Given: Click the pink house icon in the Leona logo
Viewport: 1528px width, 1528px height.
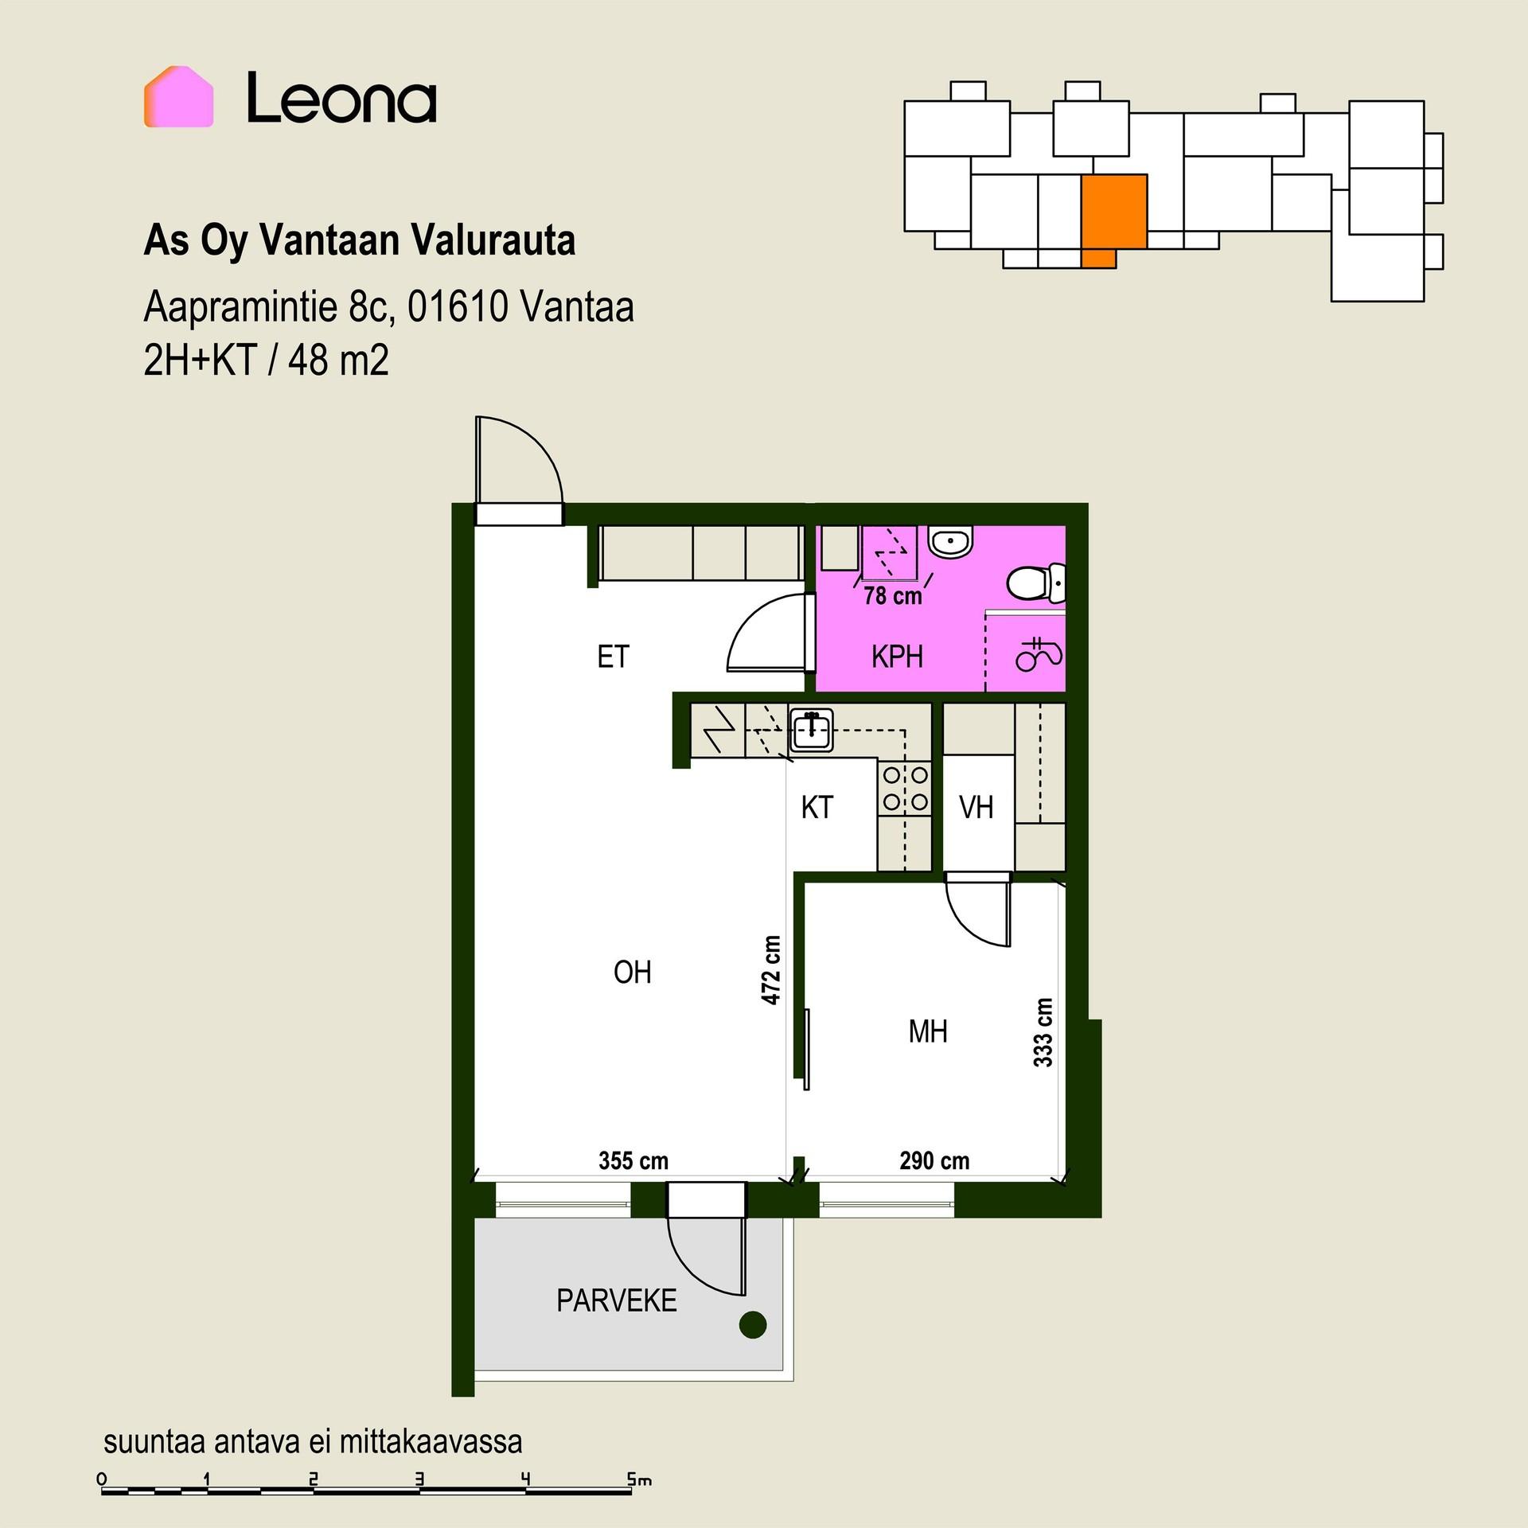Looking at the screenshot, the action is pyautogui.click(x=178, y=96).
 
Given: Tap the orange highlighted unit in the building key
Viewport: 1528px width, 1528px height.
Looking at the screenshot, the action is pyautogui.click(x=1113, y=216).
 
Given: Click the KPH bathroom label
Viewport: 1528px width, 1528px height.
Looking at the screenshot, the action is pyautogui.click(x=897, y=657).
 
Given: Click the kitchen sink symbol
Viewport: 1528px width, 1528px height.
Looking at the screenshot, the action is pyautogui.click(x=811, y=730).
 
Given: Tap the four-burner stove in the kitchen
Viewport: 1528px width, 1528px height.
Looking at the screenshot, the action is pyautogui.click(x=905, y=788).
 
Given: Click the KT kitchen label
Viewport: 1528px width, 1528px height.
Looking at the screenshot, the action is pyautogui.click(x=817, y=808).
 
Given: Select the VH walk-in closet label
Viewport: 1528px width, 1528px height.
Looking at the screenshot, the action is pyautogui.click(x=976, y=808).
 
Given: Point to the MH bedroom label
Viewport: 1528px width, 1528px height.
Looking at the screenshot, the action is pyautogui.click(x=928, y=1032).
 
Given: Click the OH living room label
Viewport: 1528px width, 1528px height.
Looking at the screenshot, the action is pyautogui.click(x=633, y=972).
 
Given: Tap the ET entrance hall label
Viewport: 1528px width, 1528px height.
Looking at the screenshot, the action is pyautogui.click(x=613, y=657).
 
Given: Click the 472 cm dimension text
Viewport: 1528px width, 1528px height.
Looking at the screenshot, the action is pyautogui.click(x=770, y=969).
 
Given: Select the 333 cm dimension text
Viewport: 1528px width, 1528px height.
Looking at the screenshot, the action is pyautogui.click(x=1043, y=1032).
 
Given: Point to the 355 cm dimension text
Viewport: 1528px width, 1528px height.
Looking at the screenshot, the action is pyautogui.click(x=633, y=1161).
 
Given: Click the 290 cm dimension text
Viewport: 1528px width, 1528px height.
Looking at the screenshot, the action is pyautogui.click(x=934, y=1161).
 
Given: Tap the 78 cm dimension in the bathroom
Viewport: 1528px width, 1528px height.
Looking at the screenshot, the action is pyautogui.click(x=893, y=596).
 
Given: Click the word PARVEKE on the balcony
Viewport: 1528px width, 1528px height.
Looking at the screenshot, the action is pyautogui.click(x=617, y=1301).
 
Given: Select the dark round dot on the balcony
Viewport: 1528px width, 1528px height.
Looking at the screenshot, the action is pyautogui.click(x=753, y=1325).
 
